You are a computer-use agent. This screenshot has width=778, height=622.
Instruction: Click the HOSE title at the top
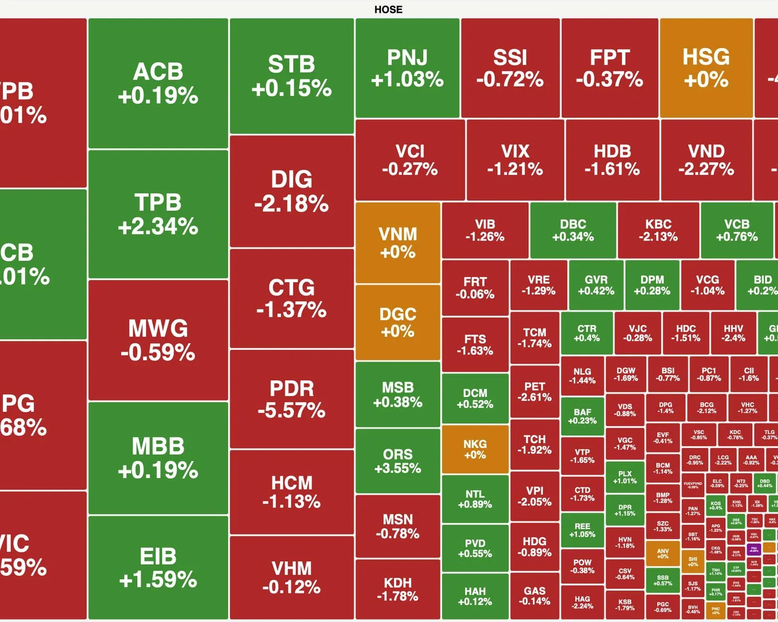click(388, 10)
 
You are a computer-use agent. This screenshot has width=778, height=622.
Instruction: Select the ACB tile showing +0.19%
click(158, 83)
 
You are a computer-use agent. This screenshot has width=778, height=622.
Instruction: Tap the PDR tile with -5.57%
click(291, 399)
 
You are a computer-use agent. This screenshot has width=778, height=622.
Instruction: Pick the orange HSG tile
click(706, 68)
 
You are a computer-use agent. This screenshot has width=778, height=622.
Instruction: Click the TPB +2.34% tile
click(158, 214)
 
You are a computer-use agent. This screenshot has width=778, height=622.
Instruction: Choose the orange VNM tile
click(398, 243)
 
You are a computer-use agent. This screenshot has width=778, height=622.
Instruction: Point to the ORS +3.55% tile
click(398, 460)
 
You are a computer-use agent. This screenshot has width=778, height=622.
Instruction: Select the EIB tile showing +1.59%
click(158, 567)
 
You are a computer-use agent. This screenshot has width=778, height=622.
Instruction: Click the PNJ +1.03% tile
click(407, 68)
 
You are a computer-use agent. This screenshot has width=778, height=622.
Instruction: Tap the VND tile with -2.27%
click(706, 160)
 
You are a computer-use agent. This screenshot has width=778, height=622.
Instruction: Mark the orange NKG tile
click(475, 449)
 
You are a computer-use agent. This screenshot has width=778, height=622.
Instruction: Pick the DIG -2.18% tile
click(291, 191)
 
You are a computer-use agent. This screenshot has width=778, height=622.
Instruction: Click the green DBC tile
click(573, 230)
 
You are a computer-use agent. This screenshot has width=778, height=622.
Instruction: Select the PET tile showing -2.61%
click(534, 391)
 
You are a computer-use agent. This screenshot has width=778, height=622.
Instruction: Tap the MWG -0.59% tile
click(158, 340)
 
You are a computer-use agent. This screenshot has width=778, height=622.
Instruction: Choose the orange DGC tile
click(398, 322)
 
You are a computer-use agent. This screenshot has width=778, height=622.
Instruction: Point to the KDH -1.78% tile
click(398, 589)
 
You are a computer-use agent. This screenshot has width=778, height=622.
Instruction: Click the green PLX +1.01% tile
click(625, 477)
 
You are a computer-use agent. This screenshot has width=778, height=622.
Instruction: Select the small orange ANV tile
click(663, 553)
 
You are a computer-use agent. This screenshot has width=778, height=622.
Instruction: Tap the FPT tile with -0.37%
click(610, 68)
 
